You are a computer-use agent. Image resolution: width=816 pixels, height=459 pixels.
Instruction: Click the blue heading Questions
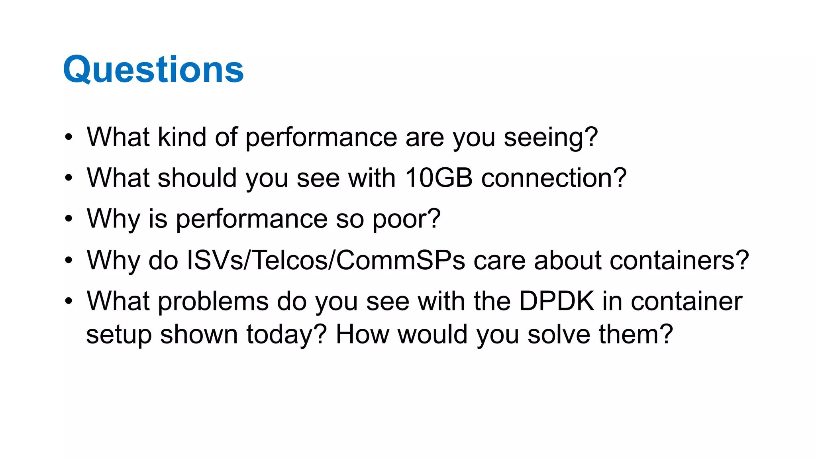point(153,70)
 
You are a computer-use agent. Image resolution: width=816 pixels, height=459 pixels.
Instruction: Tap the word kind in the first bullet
point(182,137)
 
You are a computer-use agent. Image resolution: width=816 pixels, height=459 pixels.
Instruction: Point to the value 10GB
point(438,178)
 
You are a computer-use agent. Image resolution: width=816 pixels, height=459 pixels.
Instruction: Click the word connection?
point(554,178)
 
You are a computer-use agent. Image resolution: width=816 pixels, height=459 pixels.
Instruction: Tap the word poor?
point(406,219)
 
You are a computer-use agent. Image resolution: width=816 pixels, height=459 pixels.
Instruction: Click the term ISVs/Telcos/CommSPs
point(326,260)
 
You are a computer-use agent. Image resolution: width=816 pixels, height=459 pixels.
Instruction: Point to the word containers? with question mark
point(641,260)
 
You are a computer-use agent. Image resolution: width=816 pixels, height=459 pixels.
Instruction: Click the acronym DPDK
point(556,301)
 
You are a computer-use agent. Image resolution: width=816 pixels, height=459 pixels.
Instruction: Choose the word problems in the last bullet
point(213,302)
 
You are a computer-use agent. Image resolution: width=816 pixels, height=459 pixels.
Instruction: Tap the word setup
point(119,335)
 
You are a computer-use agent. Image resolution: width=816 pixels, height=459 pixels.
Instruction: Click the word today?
point(286,335)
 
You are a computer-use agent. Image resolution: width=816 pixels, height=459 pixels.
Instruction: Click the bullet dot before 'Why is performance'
point(69,219)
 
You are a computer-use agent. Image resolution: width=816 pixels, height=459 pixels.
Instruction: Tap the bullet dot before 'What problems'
point(69,301)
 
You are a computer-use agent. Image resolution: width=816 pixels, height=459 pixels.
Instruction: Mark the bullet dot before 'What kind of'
point(69,137)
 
